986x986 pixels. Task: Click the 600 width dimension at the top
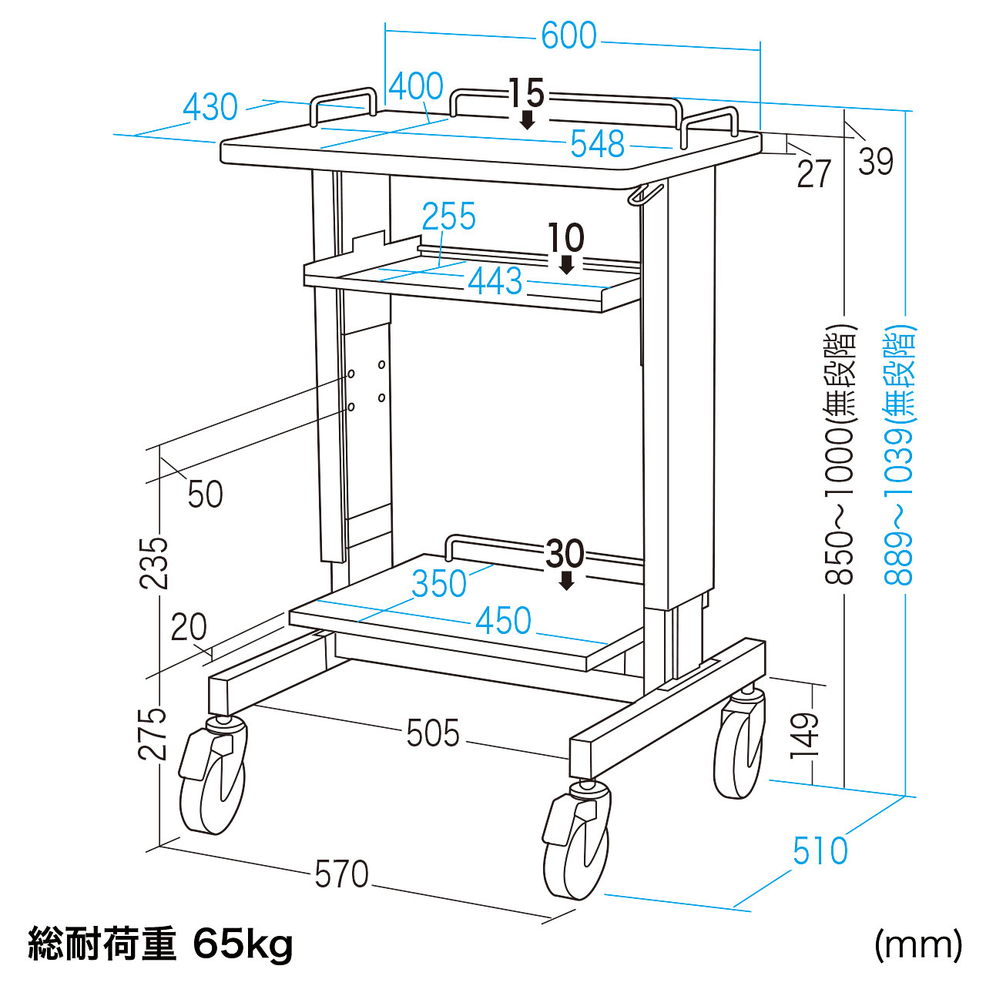[x=568, y=36]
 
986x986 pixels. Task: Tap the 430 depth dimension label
[x=210, y=108]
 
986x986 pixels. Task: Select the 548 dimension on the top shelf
[x=597, y=144]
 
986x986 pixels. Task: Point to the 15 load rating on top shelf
[x=527, y=94]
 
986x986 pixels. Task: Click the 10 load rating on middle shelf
[x=566, y=238]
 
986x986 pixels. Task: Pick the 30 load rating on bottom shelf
[x=565, y=553]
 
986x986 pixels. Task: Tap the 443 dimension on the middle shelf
[x=495, y=281]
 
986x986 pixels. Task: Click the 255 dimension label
[x=449, y=217]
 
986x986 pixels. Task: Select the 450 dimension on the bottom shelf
[x=504, y=621]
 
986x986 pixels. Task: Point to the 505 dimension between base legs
[x=433, y=733]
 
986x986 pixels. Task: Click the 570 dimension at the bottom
[x=342, y=874]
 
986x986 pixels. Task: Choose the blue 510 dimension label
[x=820, y=851]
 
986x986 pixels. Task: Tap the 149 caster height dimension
[x=804, y=736]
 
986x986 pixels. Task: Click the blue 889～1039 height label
[x=900, y=454]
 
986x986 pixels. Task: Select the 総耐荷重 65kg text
[x=160, y=944]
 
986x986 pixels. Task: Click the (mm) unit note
[x=918, y=944]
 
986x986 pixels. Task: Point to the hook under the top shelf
[x=645, y=195]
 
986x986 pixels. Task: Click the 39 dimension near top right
[x=876, y=162]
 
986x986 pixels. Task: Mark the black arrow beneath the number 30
[x=567, y=581]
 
